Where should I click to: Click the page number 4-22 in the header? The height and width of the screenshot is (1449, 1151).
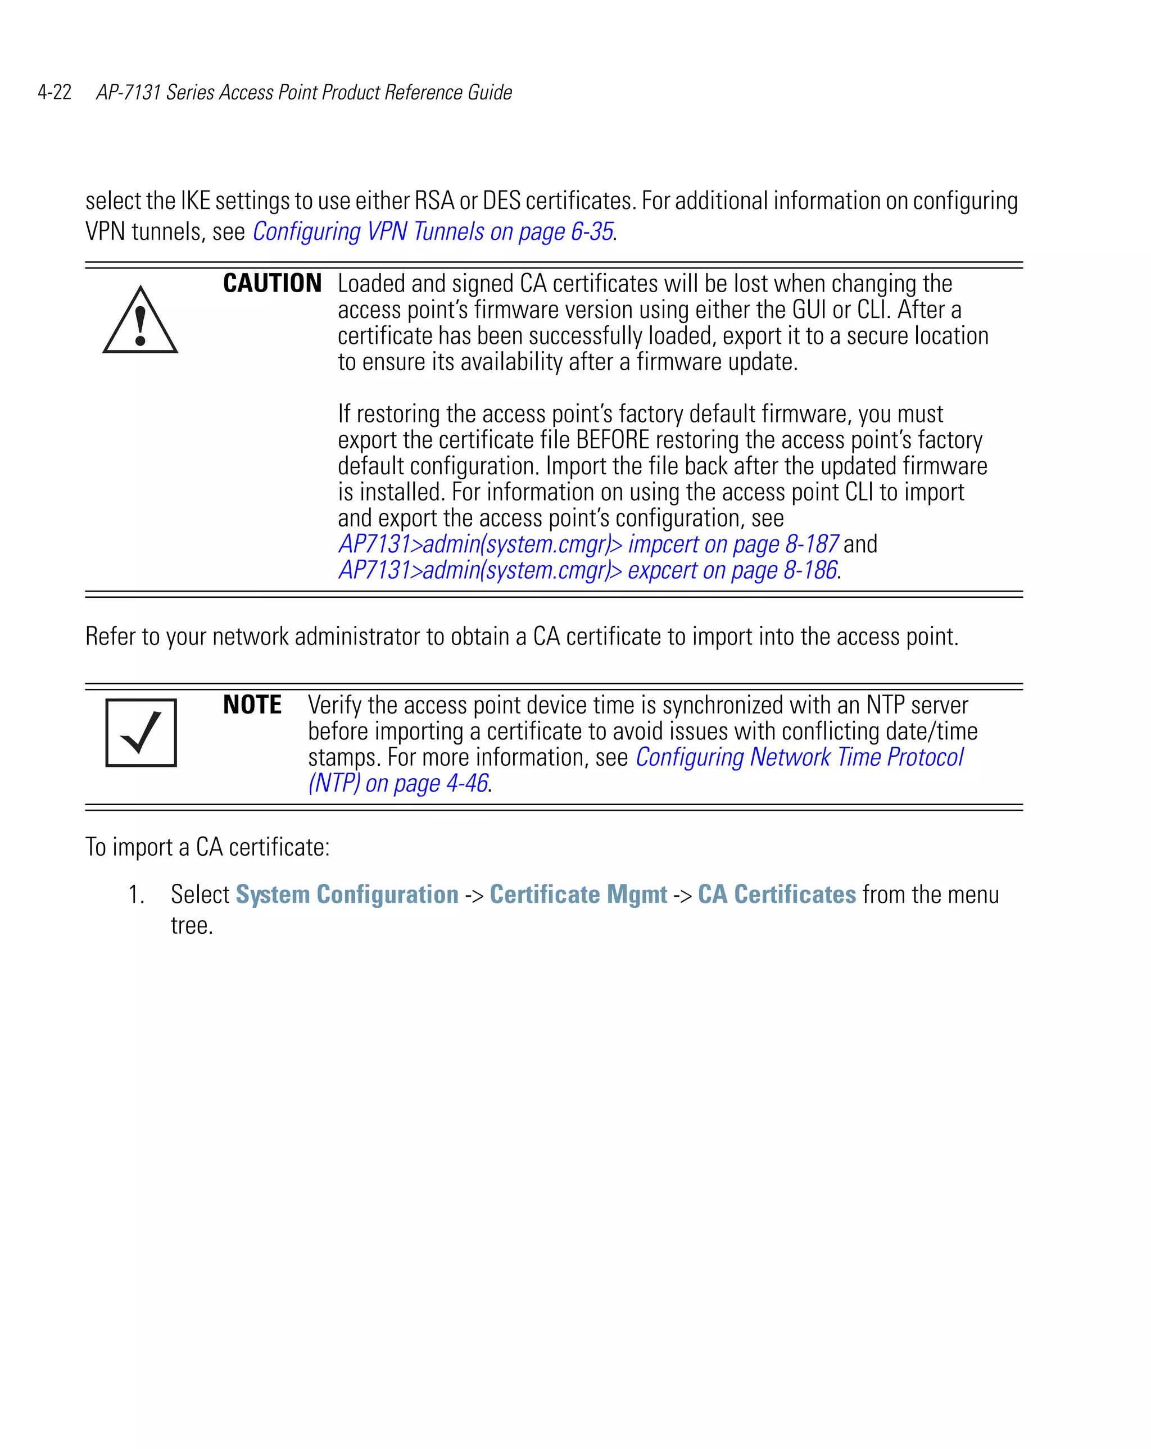click(55, 92)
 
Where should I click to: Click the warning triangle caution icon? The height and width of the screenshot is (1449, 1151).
click(140, 321)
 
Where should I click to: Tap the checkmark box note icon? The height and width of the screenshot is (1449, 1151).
click(141, 732)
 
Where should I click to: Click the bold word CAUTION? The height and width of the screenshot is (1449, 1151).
click(271, 284)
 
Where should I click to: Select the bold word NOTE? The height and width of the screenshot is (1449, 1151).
click(252, 705)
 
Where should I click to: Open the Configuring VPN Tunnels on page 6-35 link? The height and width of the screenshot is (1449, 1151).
click(432, 231)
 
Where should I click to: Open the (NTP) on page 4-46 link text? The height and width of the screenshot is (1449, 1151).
click(398, 783)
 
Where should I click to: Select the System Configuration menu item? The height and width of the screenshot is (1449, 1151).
click(347, 894)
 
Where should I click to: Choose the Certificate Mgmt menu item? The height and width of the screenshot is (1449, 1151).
click(578, 894)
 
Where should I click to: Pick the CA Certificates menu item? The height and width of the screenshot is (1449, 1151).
click(777, 894)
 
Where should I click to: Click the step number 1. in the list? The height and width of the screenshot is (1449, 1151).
click(136, 895)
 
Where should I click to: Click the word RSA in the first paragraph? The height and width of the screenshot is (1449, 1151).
click(434, 201)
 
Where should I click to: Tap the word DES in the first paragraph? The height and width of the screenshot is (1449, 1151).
click(501, 201)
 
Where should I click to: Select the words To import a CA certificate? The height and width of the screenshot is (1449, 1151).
click(207, 847)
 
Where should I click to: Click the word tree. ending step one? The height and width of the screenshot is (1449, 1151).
click(192, 925)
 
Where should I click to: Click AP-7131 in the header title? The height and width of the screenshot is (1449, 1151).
click(128, 92)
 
